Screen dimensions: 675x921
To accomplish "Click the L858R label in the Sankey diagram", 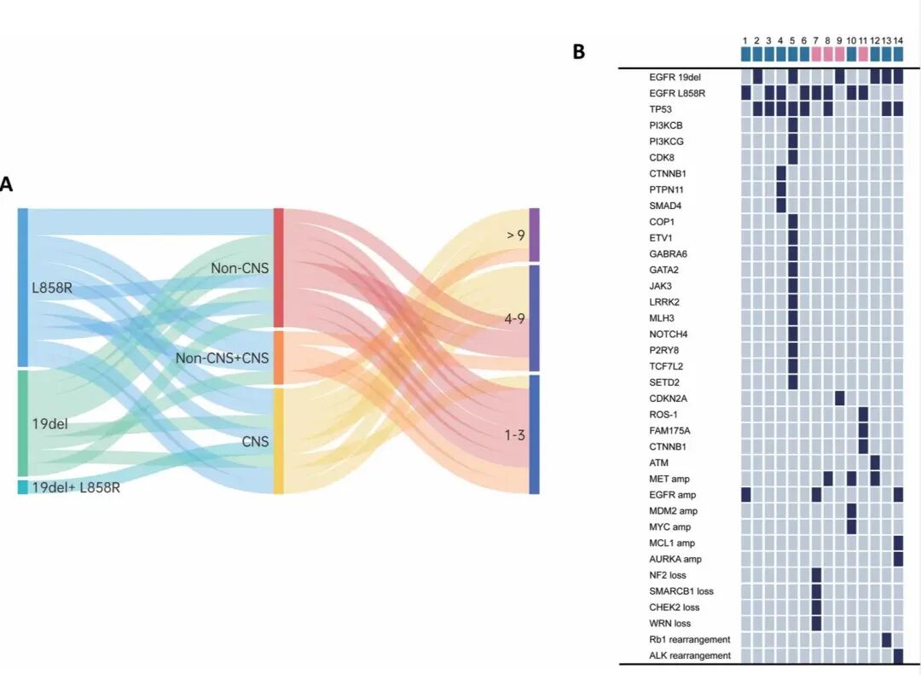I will pyautogui.click(x=50, y=288).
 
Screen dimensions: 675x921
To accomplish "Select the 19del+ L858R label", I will pyautogui.click(x=76, y=487).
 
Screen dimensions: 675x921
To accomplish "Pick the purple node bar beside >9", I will pyautogui.click(x=535, y=234).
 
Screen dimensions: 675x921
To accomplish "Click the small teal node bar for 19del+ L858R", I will pyautogui.click(x=22, y=487).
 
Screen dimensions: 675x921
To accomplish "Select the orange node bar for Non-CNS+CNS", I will pyautogui.click(x=278, y=358).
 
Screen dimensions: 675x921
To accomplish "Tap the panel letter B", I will pyautogui.click(x=579, y=52).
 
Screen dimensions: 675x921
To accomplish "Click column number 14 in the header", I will pyautogui.click(x=899, y=40).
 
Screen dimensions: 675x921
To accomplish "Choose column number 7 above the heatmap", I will pyautogui.click(x=816, y=40).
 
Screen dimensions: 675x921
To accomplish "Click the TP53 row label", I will pyautogui.click(x=660, y=108).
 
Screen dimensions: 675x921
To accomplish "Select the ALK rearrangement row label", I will pyautogui.click(x=690, y=655).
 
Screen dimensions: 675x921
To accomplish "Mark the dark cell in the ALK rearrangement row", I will pyautogui.click(x=899, y=655).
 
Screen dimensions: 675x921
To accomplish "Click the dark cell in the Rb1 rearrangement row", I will pyautogui.click(x=887, y=639).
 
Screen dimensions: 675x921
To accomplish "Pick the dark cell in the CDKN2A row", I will pyautogui.click(x=840, y=398).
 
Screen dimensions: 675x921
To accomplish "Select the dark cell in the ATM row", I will pyautogui.click(x=875, y=462).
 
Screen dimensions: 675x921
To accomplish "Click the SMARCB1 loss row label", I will pyautogui.click(x=681, y=591).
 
